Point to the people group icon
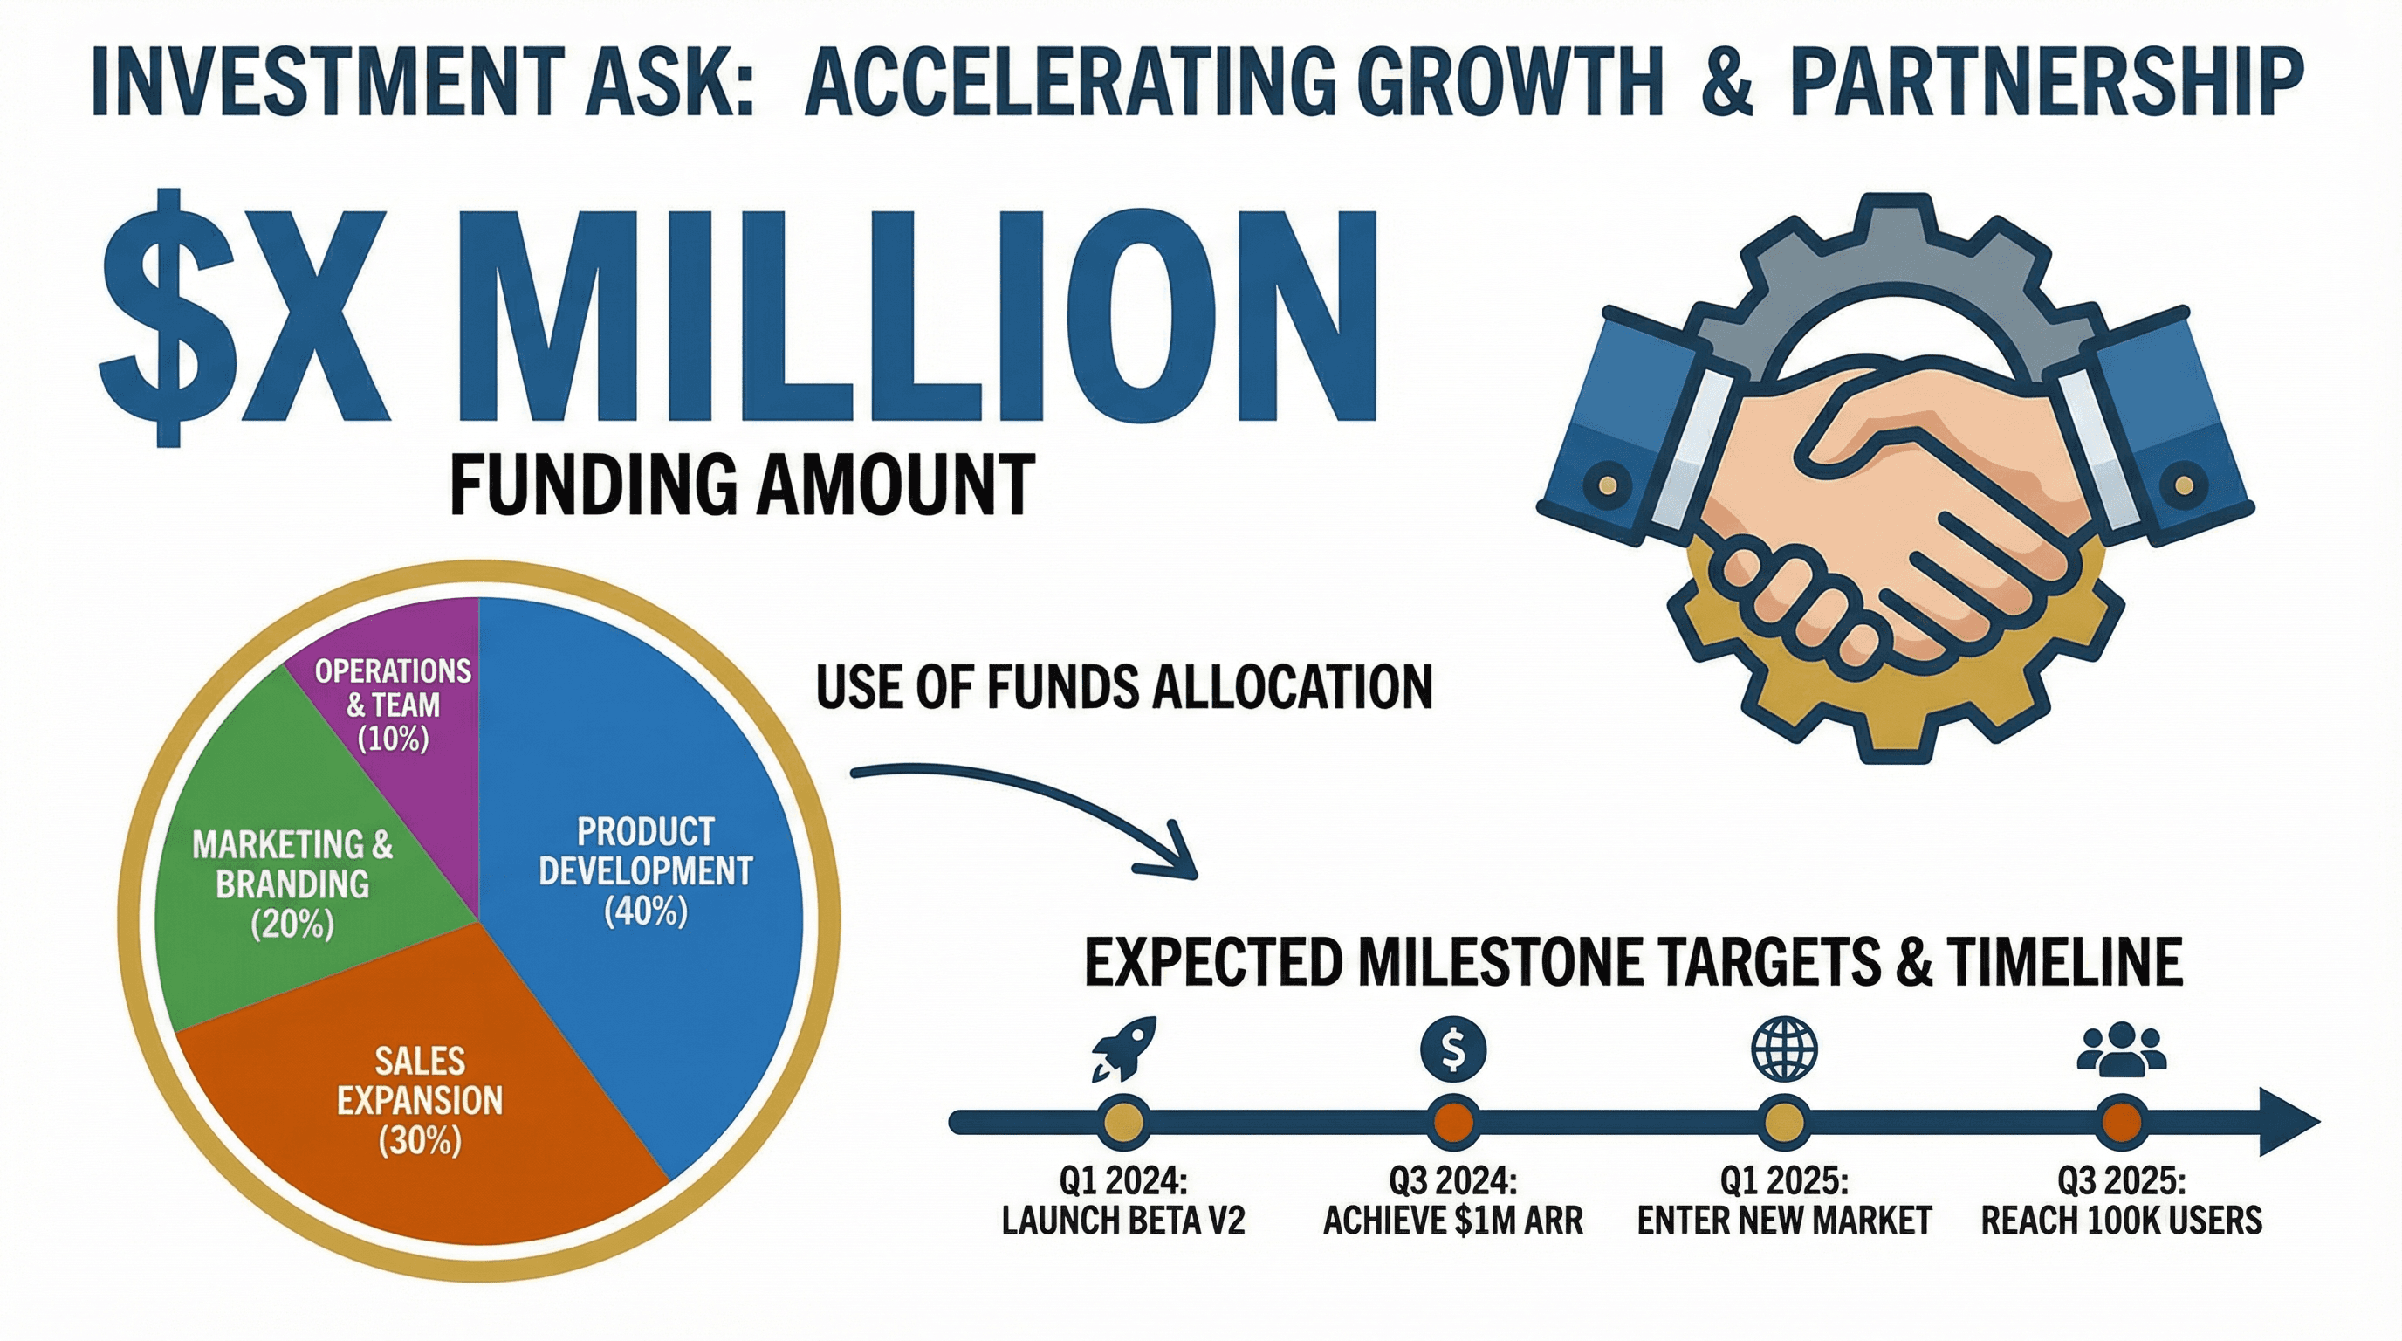coord(2121,1049)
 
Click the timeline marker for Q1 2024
coord(1122,1121)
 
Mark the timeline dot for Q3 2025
coord(2121,1121)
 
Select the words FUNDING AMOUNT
coord(742,484)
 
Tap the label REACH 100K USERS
coord(2121,1220)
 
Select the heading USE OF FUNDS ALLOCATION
coord(1123,687)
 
